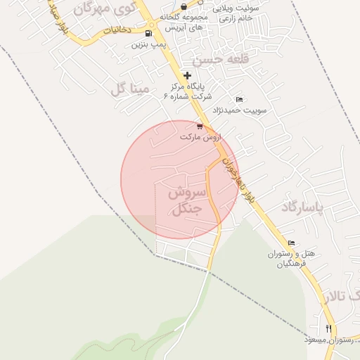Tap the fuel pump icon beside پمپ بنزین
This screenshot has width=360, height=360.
pyautogui.click(x=148, y=33)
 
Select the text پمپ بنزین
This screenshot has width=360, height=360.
pyautogui.click(x=148, y=44)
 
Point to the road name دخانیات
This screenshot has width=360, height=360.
pyautogui.click(x=117, y=31)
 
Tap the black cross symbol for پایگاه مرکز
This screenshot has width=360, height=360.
pyautogui.click(x=187, y=75)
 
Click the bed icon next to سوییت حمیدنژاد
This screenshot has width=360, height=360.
pyautogui.click(x=239, y=99)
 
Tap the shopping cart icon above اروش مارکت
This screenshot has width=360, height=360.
pyautogui.click(x=200, y=127)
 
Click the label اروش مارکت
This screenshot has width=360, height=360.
pyautogui.click(x=200, y=137)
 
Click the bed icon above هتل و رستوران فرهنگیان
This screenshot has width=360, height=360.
pyautogui.click(x=292, y=243)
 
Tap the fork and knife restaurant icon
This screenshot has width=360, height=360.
pyautogui.click(x=328, y=328)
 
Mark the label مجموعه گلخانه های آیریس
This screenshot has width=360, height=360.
pyautogui.click(x=184, y=21)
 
